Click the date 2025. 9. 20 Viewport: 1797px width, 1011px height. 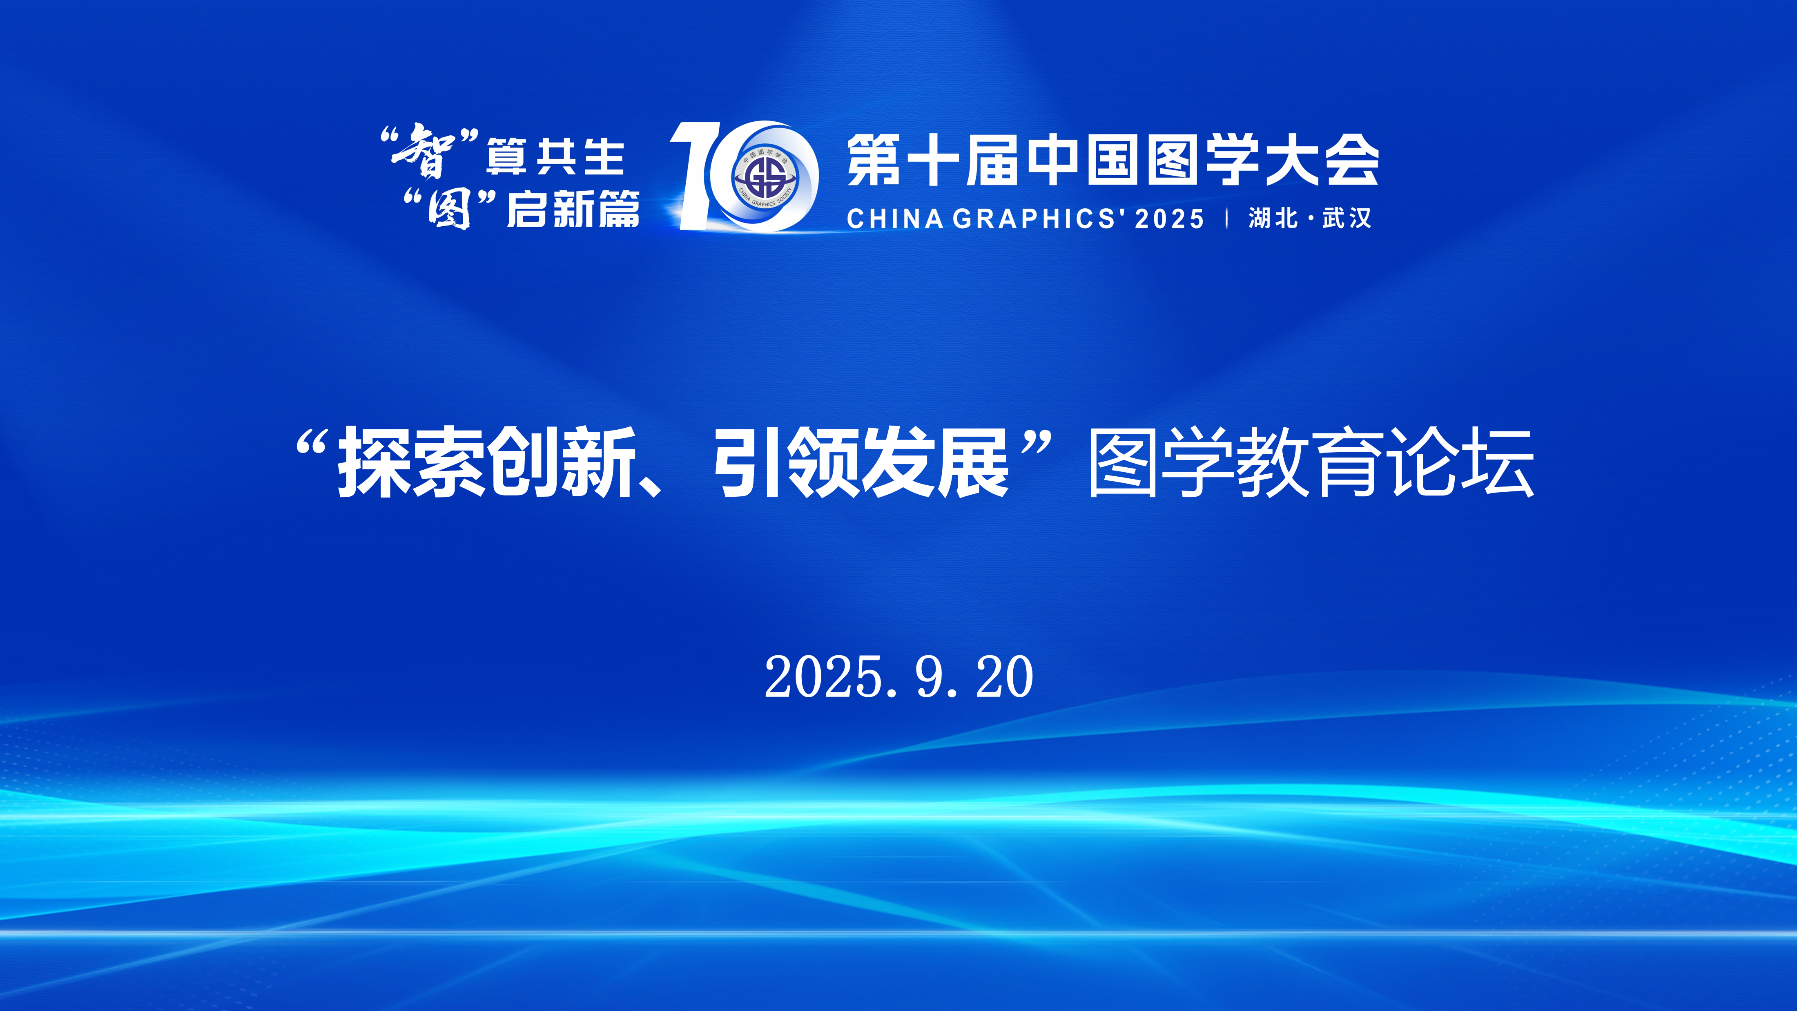coord(898,677)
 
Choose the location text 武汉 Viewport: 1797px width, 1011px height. coord(1347,219)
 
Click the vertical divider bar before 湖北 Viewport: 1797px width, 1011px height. coord(1226,219)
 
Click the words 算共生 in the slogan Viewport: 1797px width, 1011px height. coord(555,157)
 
